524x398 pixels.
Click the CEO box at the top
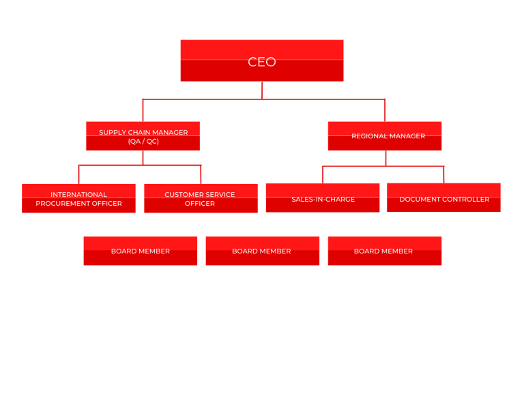261,61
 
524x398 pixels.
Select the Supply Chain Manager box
143,136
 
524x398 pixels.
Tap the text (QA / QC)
143,142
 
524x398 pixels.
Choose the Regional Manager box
384,136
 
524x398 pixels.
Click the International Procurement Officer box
78,198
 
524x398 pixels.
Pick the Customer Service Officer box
200,198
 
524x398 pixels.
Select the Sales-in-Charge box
323,198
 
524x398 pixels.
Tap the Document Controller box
443,198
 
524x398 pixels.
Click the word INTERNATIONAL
78,194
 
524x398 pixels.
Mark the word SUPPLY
113,133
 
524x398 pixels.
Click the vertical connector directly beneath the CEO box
262,90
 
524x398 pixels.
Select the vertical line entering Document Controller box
443,174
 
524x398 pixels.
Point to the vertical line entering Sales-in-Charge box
323,174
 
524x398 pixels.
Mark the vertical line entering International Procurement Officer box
78,174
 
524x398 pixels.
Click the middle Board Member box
262,251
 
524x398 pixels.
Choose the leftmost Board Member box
140,251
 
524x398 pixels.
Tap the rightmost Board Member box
384,251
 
